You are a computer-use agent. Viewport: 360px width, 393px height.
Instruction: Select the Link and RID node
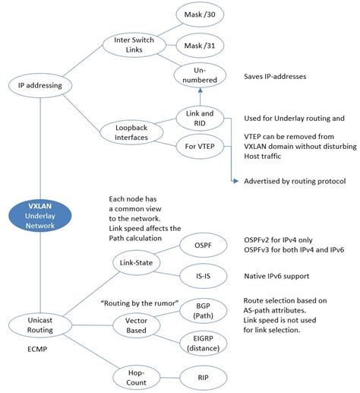click(199, 118)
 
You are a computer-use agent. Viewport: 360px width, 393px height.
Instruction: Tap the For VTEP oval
click(199, 144)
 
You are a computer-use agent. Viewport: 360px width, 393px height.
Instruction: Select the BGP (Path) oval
click(201, 312)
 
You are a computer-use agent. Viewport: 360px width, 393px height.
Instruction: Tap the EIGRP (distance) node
click(202, 344)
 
